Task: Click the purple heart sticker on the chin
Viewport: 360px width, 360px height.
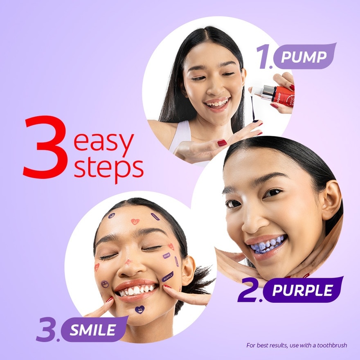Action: coord(139,310)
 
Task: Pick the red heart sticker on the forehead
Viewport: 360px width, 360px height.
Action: coord(135,221)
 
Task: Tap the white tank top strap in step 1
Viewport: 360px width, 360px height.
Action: coord(180,135)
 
